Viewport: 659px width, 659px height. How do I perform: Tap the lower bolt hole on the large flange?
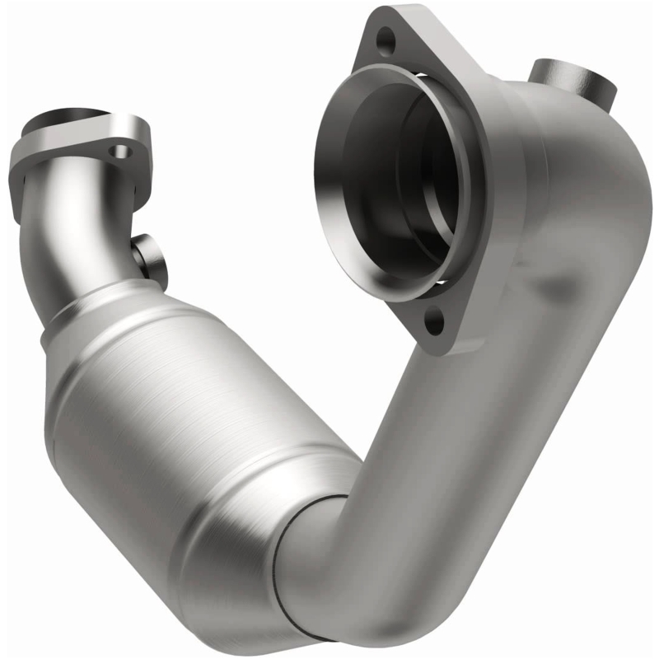click(x=436, y=319)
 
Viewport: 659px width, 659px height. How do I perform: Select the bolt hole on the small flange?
click(x=122, y=152)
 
